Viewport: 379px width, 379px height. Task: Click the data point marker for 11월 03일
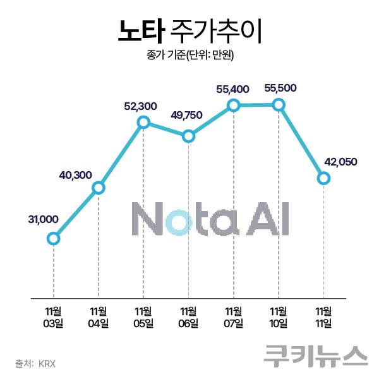54,238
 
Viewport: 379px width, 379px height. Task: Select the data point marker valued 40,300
99,188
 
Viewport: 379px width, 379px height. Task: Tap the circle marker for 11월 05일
143,122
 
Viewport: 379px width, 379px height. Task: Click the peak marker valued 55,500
279,105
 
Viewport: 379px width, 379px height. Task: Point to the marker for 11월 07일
234,105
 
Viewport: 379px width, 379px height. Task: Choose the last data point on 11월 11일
323,179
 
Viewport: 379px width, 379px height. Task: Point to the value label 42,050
340,162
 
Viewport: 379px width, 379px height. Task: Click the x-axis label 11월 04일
99,317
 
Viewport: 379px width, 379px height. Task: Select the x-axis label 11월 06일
188,317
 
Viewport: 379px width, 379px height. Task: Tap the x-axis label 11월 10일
279,317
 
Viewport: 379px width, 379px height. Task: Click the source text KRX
47,363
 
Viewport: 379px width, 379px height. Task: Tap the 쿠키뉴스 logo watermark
316,354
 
